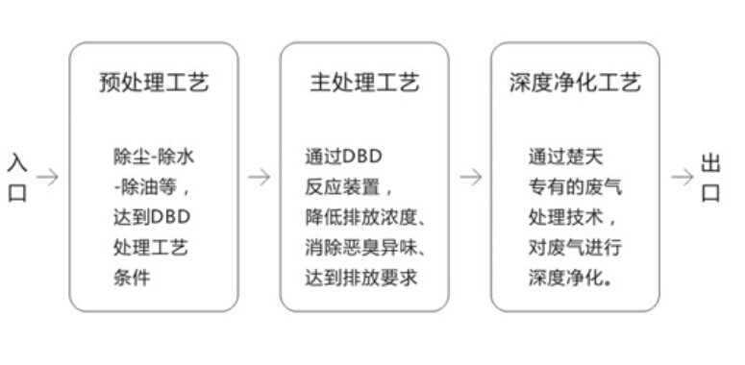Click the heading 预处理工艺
(154, 83)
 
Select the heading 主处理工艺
(364, 83)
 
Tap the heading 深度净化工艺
(575, 83)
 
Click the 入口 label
(17, 178)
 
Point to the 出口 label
(711, 178)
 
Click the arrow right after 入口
(47, 178)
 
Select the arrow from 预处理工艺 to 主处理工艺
(259, 178)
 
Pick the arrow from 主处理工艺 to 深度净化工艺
(470, 178)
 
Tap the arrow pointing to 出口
(682, 178)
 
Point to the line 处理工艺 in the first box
(150, 248)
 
